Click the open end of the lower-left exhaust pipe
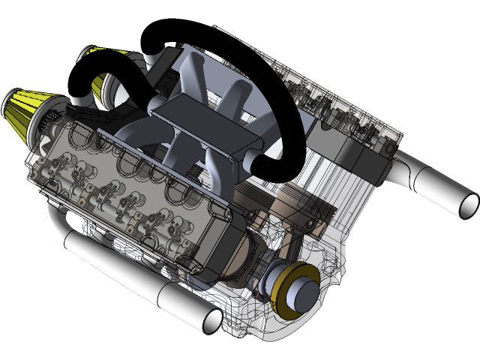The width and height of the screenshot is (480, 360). pyautogui.click(x=212, y=320)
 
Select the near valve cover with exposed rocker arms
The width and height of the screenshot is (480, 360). pyautogui.click(x=127, y=187)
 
